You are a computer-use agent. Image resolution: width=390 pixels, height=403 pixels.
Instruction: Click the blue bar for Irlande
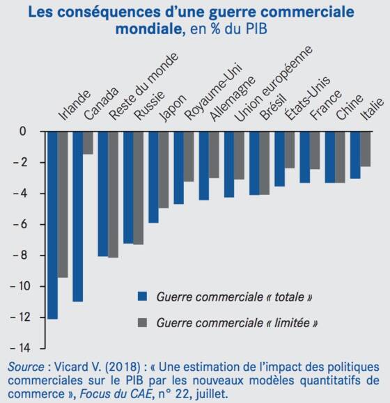53,226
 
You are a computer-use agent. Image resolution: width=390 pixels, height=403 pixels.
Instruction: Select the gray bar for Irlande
63,205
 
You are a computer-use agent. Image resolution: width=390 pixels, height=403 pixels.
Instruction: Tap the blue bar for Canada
78,216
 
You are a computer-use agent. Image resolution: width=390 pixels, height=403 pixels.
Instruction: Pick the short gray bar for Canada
88,143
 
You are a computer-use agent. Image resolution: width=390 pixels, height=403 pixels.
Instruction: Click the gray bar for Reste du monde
113,195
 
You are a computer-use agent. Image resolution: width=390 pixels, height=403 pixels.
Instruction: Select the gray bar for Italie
366,150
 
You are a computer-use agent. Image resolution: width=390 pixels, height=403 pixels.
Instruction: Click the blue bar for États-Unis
280,159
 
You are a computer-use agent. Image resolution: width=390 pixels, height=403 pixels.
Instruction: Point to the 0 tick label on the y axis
23,132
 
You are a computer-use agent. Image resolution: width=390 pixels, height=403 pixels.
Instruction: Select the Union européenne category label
274,84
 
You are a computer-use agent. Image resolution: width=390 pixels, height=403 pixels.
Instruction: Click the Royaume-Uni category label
213,91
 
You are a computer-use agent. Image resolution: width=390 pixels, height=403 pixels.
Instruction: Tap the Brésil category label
273,107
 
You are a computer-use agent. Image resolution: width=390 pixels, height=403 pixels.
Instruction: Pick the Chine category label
350,107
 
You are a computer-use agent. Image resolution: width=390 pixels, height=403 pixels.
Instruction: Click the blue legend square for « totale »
142,296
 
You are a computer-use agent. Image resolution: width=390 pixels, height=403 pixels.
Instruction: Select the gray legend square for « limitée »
142,322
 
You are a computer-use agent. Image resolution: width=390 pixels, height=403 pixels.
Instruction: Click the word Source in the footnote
26,367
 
